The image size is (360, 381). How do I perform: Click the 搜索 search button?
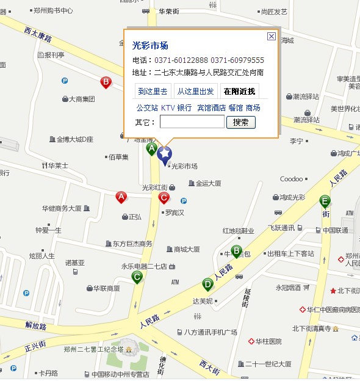pyautogui.click(x=241, y=122)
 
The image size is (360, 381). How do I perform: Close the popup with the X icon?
pyautogui.click(x=272, y=37)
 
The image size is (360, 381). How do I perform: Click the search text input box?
pyautogui.click(x=192, y=122)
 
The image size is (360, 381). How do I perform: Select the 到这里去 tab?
pyautogui.click(x=153, y=92)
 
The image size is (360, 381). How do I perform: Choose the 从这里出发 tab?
pyautogui.click(x=195, y=92)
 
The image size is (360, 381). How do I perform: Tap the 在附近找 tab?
pyautogui.click(x=239, y=92)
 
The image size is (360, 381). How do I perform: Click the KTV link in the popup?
pyautogui.click(x=168, y=107)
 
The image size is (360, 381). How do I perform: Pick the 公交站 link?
pyautogui.click(x=147, y=107)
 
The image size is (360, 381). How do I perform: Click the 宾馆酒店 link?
pyautogui.click(x=211, y=107)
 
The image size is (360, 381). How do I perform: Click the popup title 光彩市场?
pyautogui.click(x=150, y=45)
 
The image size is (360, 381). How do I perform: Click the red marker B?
pyautogui.click(x=106, y=82)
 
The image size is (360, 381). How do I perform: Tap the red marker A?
pyautogui.click(x=121, y=197)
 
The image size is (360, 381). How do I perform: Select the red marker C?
pyautogui.click(x=164, y=197)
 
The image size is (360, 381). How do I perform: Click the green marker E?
pyautogui.click(x=325, y=201)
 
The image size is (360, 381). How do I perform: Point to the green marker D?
pyautogui.click(x=208, y=284)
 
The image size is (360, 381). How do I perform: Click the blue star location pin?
pyautogui.click(x=164, y=153)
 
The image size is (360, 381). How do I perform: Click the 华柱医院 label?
pyautogui.click(x=268, y=341)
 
